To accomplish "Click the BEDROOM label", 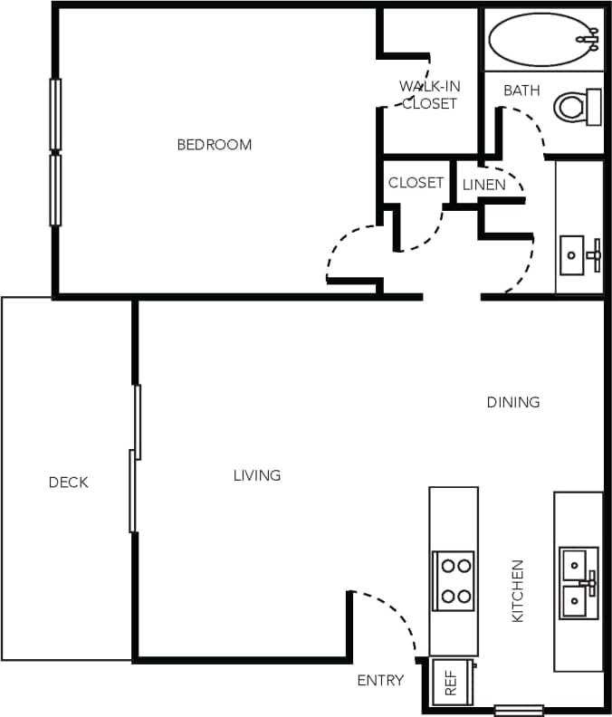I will click(214, 144).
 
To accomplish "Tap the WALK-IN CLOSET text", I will click(430, 95).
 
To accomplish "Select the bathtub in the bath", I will click(541, 38).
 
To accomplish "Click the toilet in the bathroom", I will click(577, 107).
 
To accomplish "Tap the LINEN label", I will click(483, 185).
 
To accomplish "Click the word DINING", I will click(513, 402).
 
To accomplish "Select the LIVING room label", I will click(257, 474).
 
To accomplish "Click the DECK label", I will click(69, 483).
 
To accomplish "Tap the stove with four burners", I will click(454, 580).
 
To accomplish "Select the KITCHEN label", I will click(519, 590).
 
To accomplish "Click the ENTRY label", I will click(380, 680).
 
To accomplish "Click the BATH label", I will click(521, 91).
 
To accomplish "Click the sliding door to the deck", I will click(134, 459).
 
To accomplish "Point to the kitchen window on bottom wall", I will click(519, 710).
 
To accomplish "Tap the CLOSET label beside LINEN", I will click(416, 183).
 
